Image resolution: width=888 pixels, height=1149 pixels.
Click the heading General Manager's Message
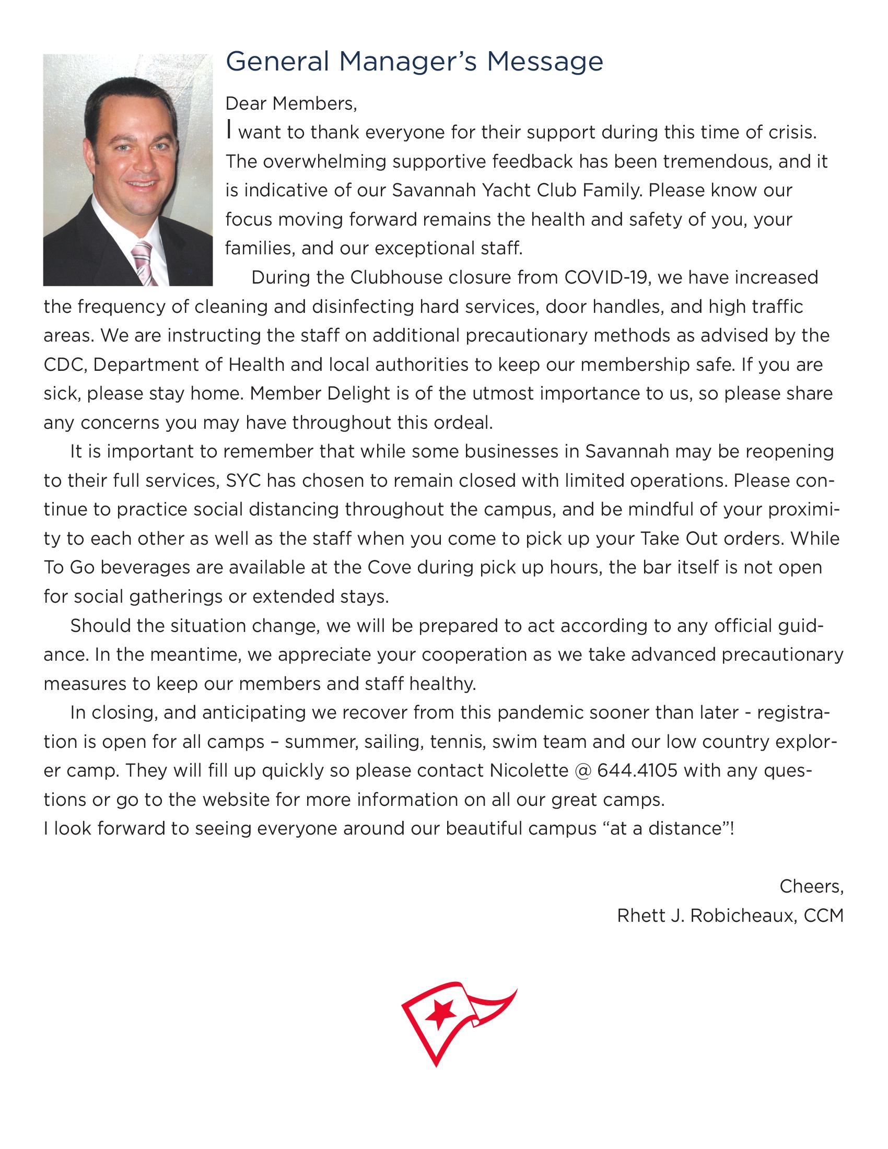414,62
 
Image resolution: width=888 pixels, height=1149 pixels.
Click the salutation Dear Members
291,103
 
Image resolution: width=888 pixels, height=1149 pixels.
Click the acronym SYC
243,480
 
